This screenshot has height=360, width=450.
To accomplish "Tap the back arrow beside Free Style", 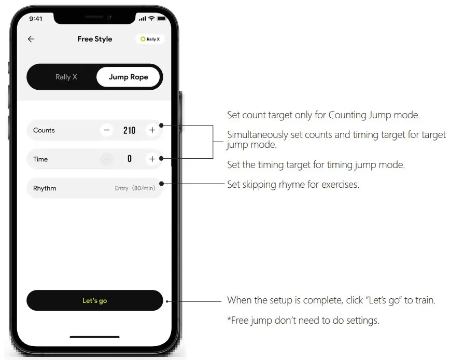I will (x=31, y=39).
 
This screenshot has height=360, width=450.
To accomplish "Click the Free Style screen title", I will (x=94, y=39).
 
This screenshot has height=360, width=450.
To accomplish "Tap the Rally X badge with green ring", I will (x=150, y=39).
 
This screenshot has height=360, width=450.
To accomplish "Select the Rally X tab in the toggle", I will (x=66, y=77).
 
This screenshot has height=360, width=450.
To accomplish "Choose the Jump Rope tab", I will (x=128, y=77).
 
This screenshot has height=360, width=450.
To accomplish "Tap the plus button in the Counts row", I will (x=152, y=130).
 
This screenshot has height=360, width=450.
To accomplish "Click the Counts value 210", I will (x=129, y=130).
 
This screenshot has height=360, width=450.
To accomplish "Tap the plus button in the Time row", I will (x=152, y=159).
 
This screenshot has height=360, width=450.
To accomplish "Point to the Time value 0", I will (x=130, y=159).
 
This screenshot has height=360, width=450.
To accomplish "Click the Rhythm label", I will (x=45, y=188).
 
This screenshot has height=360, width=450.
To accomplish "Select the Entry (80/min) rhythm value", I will (x=135, y=188).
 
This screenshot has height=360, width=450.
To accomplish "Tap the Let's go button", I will (x=94, y=300).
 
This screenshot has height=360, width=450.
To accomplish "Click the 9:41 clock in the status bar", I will (x=36, y=19).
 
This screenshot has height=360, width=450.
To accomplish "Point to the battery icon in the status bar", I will (x=161, y=19).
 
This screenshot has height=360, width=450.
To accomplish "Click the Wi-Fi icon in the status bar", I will (x=151, y=19).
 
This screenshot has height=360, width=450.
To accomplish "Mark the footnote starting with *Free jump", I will (x=303, y=321).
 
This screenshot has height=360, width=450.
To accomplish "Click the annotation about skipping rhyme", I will (x=293, y=184).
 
